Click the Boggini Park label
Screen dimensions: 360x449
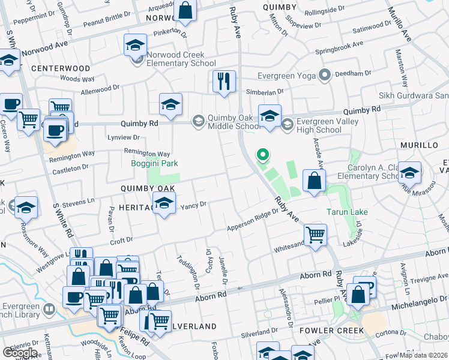155,163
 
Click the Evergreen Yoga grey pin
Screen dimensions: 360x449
325,76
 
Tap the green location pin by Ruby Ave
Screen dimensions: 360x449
262,155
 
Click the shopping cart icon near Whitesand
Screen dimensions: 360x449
315,235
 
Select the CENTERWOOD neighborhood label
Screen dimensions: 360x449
61,68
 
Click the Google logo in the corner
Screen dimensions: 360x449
20,353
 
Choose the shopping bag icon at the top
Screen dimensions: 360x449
185,10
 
